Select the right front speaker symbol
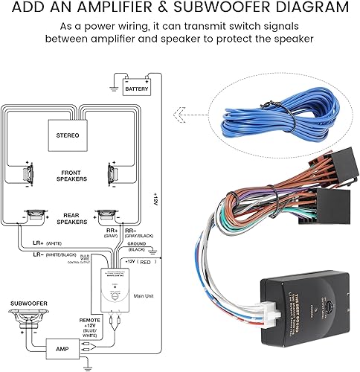pos(112,175)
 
